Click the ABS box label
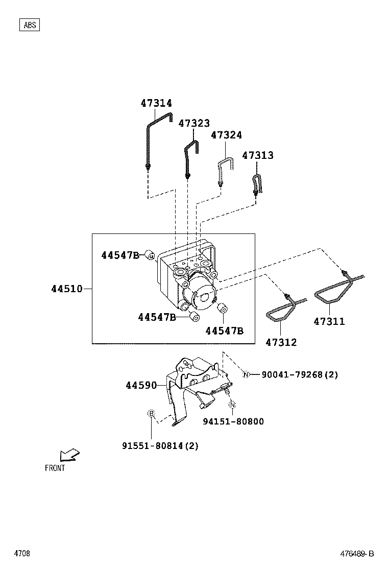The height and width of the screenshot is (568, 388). pyautogui.click(x=30, y=25)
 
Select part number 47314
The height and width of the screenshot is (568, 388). pyautogui.click(x=156, y=103)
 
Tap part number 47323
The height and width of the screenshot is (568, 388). pyautogui.click(x=194, y=124)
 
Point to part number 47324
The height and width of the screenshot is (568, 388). pyautogui.click(x=226, y=135)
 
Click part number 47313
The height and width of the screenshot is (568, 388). pyautogui.click(x=257, y=155)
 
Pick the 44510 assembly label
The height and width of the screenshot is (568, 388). pyautogui.click(x=66, y=289)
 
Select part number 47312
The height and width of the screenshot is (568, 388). pyautogui.click(x=281, y=342)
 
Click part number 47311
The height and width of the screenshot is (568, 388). pyautogui.click(x=329, y=322)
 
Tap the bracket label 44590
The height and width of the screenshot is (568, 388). pyautogui.click(x=141, y=386)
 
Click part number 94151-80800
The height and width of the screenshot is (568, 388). pyautogui.click(x=233, y=422)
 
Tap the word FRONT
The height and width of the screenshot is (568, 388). pyautogui.click(x=55, y=468)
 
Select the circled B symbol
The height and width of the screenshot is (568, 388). pyautogui.click(x=151, y=413)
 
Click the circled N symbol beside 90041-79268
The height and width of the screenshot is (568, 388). pyautogui.click(x=246, y=375)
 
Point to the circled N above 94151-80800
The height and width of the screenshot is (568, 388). pyautogui.click(x=232, y=406)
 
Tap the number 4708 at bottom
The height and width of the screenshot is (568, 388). pyautogui.click(x=22, y=554)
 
